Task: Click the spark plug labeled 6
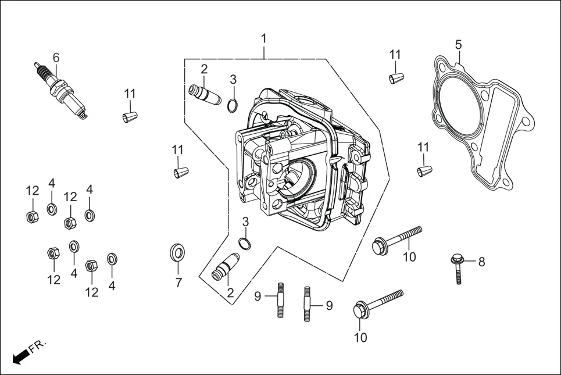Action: [61, 90]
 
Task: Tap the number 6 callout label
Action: [56, 58]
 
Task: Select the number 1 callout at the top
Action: [264, 38]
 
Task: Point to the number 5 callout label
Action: [458, 45]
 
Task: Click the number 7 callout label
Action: [178, 283]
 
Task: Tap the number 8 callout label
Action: [481, 262]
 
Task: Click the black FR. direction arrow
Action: [20, 356]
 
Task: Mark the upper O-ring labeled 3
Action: [232, 105]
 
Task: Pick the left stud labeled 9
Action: [281, 299]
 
